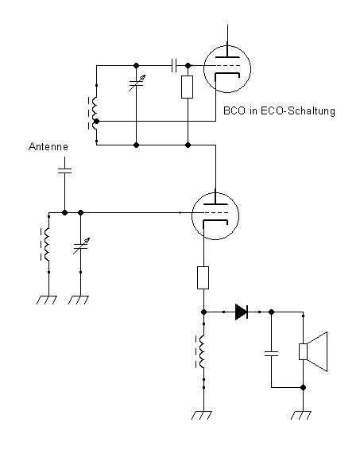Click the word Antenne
tap(48, 146)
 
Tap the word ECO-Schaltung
tap(298, 111)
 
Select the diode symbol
tap(242, 312)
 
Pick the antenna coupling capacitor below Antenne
tap(64, 171)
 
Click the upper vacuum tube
tap(227, 69)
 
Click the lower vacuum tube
tap(215, 216)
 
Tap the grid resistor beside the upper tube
tap(188, 87)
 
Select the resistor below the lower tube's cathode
tap(203, 277)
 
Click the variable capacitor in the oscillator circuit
tap(136, 83)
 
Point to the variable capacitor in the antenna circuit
tap(80, 246)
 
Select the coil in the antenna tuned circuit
tap(46, 245)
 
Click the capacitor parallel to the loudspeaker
tap(271, 353)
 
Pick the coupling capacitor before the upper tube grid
tap(174, 65)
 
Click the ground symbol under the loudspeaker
tap(300, 415)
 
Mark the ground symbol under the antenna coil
tap(47, 300)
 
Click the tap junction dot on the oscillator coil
tap(96, 122)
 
